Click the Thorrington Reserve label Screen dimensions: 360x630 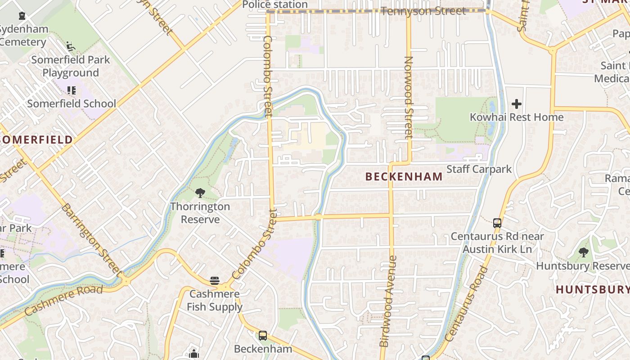(200, 213)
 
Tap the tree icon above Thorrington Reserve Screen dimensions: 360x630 (200, 193)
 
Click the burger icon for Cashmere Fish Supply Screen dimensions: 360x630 (215, 281)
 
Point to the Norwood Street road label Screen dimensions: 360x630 (409, 97)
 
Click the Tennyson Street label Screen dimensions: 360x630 (423, 11)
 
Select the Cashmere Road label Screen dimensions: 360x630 (63, 300)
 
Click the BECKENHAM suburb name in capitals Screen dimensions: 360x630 (404, 177)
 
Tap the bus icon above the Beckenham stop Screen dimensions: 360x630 (263, 335)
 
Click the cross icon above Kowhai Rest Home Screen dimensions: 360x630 (516, 104)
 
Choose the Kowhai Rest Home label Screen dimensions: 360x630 (516, 117)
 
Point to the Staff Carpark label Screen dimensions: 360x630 (479, 169)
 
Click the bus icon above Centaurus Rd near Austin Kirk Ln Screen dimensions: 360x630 (497, 223)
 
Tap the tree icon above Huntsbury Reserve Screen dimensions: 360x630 (584, 252)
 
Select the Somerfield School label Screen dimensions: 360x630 (72, 103)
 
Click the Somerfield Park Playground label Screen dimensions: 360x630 (71, 66)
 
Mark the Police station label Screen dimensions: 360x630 (274, 4)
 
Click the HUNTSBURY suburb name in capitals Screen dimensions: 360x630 (593, 289)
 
